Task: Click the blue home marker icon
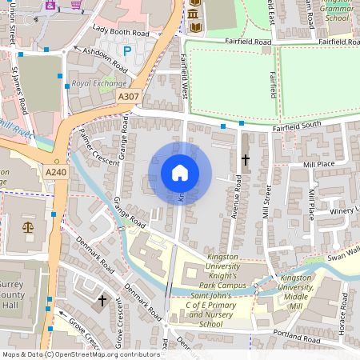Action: pos(180,173)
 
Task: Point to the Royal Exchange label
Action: pos(98,83)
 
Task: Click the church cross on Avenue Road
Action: pos(245,159)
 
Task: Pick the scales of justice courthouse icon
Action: pos(29,226)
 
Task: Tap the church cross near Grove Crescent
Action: pos(101,302)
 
